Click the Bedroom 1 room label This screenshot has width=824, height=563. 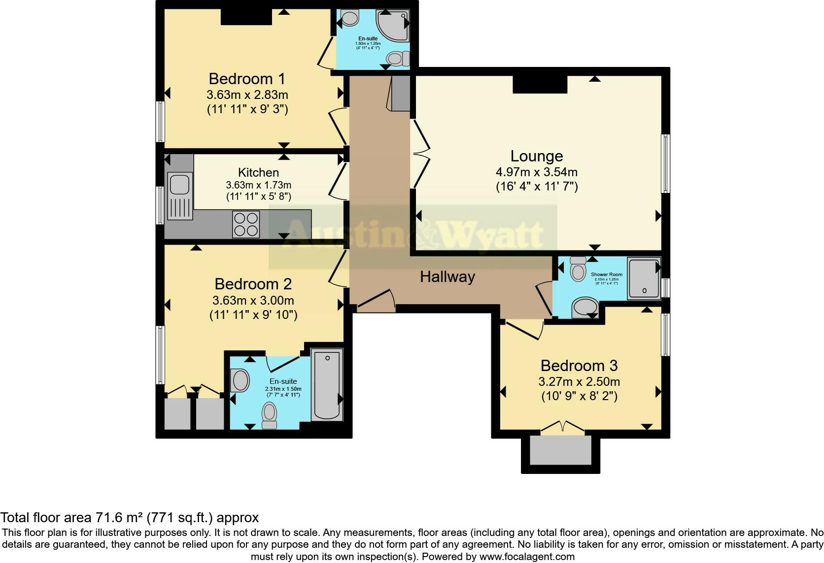coord(247,79)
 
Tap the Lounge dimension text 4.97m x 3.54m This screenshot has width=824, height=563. coord(536,172)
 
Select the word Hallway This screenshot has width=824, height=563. coord(447,277)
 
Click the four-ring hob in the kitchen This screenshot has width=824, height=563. coord(246,224)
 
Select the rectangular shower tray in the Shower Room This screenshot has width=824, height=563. coord(644,279)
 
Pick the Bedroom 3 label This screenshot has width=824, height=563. coord(579,366)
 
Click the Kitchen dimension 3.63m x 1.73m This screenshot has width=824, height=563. coord(258,186)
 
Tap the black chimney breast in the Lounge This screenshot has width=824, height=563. coord(540,84)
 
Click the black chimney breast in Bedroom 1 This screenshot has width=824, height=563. coord(246,17)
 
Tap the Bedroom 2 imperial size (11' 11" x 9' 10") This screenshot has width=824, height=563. coord(253,315)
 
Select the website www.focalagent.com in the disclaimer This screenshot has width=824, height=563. coord(527,557)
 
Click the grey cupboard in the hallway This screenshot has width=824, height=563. coord(400,94)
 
